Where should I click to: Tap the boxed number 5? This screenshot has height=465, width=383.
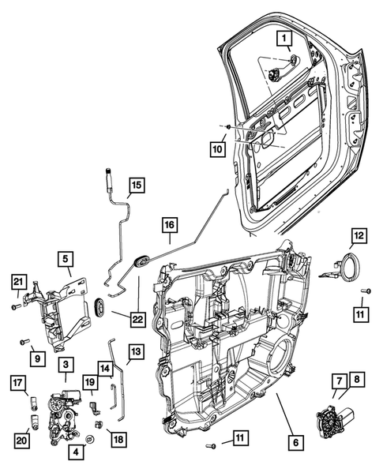point(66,257)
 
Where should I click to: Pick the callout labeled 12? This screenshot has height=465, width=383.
point(359,235)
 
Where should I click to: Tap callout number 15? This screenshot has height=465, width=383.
point(137,186)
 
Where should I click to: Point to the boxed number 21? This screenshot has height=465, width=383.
point(18,281)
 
